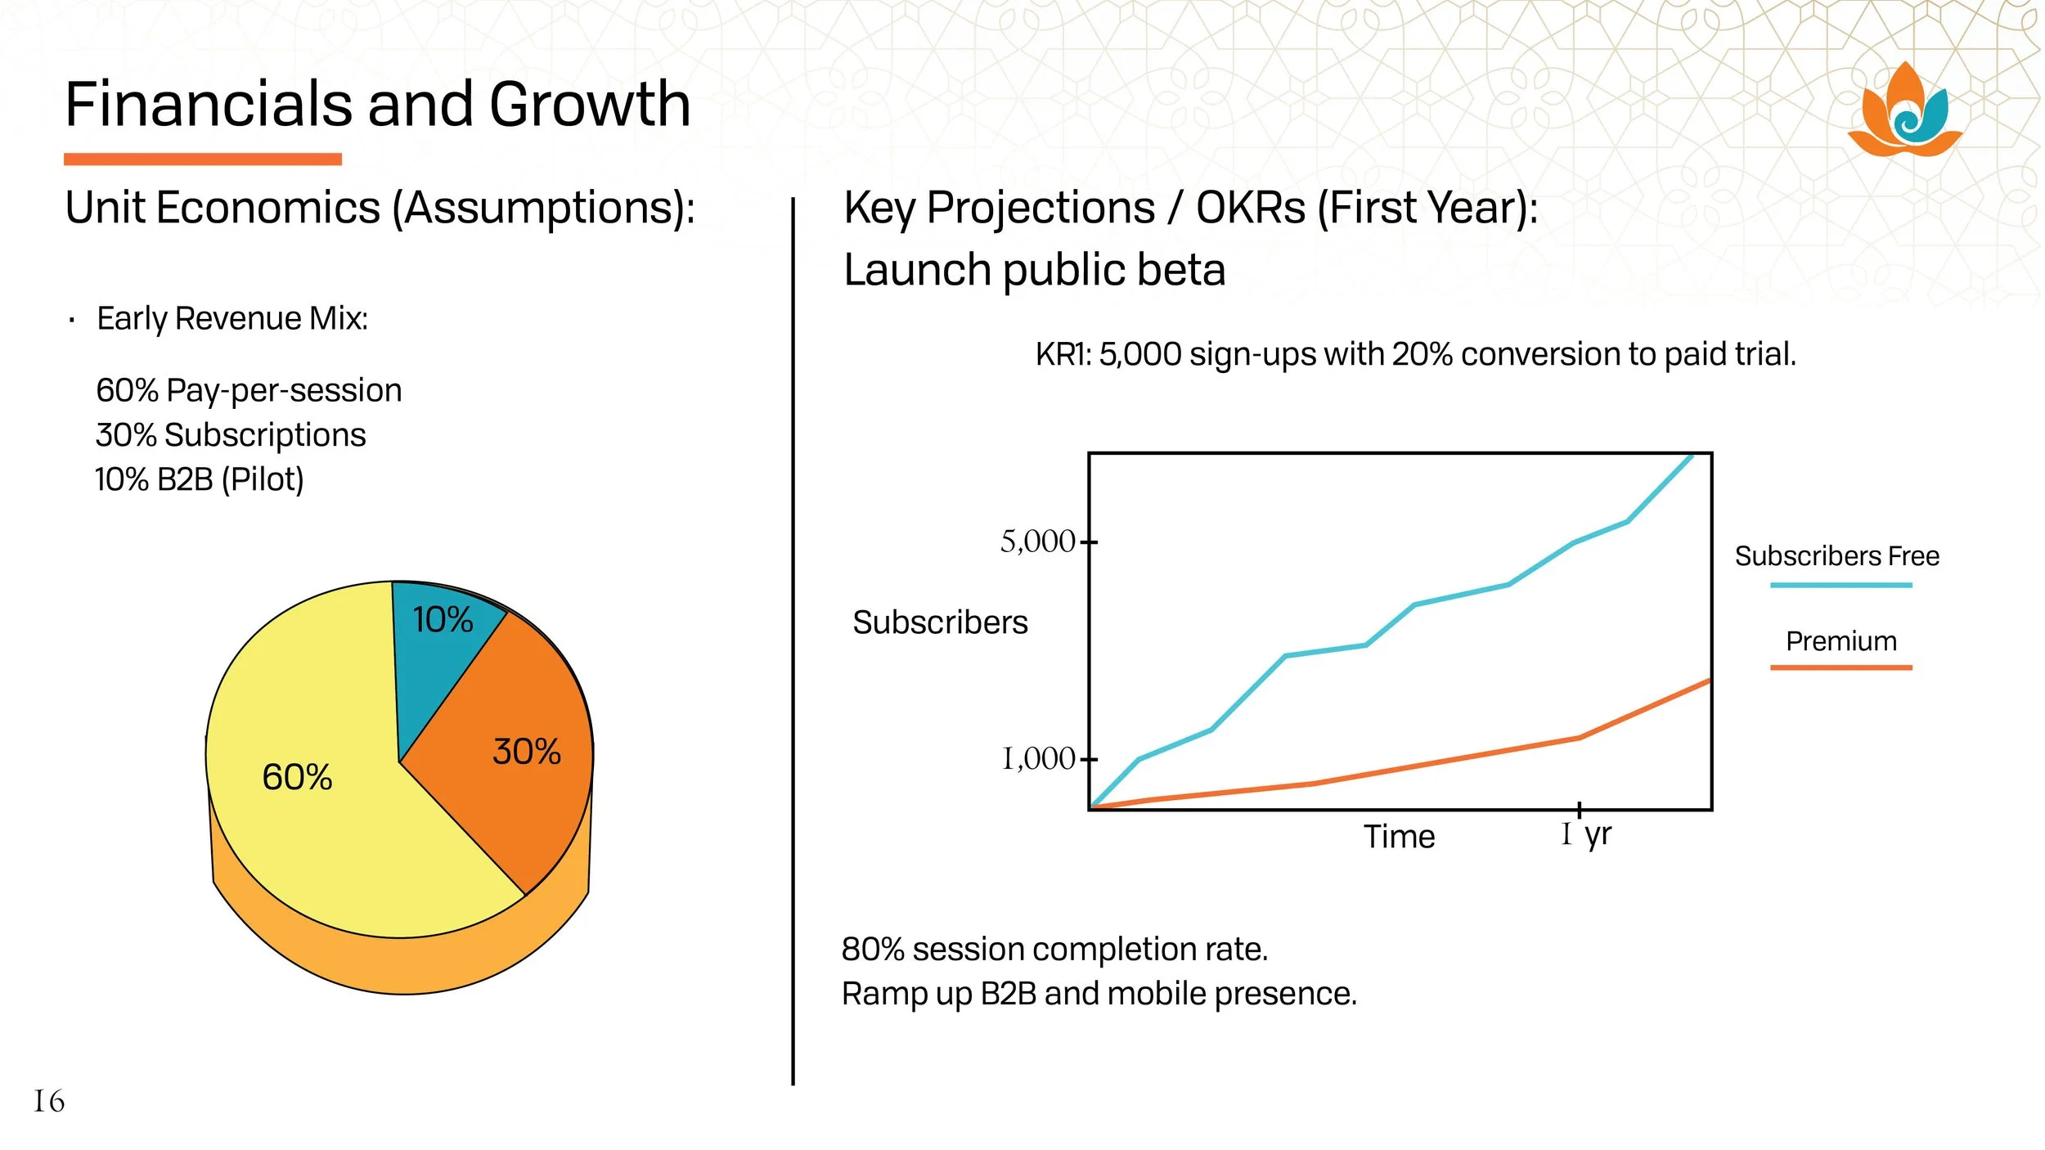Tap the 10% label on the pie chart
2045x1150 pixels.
[443, 620]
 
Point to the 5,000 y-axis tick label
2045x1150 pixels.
[1037, 541]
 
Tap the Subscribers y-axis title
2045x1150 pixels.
[940, 622]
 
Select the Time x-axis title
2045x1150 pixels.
[1399, 837]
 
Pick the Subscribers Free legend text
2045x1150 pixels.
[1836, 556]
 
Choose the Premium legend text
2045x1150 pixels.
[1840, 641]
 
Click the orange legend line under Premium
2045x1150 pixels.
[1840, 667]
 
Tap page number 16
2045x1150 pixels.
[49, 1101]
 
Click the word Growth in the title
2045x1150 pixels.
[590, 105]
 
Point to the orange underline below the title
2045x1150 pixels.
[203, 159]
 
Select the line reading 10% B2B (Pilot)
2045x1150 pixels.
[200, 479]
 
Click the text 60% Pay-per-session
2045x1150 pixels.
[249, 391]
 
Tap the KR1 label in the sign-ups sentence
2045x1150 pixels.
[1063, 355]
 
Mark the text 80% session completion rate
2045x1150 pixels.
[1054, 950]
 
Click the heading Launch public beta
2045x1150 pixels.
[1034, 270]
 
